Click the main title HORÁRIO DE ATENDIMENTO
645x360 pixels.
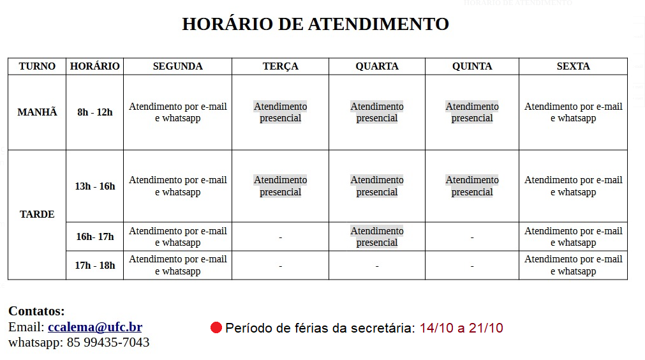(315, 24)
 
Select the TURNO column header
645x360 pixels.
(37, 66)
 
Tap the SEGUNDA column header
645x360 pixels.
(177, 66)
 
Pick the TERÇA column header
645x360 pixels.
(280, 66)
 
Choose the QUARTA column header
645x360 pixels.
(376, 66)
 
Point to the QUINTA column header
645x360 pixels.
(471, 66)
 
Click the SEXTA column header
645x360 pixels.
(573, 66)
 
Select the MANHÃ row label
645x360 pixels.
(37, 112)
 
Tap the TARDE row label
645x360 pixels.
(37, 214)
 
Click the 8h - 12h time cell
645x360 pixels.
(94, 112)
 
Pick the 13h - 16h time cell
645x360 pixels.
(94, 186)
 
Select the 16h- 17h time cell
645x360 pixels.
(94, 237)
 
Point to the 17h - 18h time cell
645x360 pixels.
(94, 265)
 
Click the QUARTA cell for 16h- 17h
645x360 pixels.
(376, 237)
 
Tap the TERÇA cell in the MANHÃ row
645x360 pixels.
(280, 112)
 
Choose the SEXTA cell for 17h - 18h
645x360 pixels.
(573, 265)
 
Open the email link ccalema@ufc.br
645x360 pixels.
(95, 327)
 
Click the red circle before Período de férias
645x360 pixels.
(216, 328)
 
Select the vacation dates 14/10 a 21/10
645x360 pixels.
(461, 328)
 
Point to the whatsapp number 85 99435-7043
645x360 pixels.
(108, 343)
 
